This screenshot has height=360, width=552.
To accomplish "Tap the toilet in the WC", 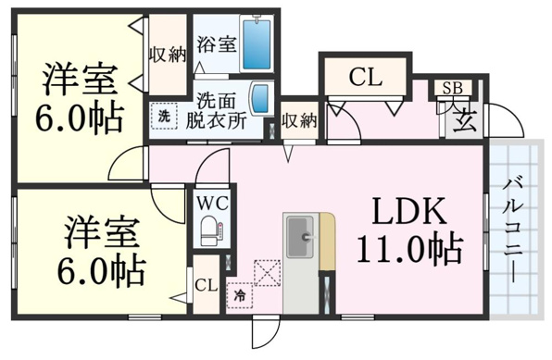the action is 211,230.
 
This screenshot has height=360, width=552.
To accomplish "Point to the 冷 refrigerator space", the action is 240,295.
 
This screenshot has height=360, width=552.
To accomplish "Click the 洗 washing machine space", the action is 163,116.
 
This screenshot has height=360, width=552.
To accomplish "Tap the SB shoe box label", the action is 452,88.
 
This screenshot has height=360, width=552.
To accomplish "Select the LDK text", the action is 409,212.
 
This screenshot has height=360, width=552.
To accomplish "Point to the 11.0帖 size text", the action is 409,249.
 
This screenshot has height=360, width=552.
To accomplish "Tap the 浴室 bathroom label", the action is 216,44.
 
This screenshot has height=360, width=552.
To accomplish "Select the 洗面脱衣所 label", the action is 216,111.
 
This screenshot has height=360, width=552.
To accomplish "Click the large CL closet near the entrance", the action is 366,77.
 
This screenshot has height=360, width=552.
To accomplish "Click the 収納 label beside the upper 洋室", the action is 167,55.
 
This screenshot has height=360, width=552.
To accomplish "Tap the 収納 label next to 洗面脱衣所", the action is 299,121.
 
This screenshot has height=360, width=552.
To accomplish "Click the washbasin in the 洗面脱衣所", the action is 261,98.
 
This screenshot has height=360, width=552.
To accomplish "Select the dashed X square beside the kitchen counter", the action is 268,273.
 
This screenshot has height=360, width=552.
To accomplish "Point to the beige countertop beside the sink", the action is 327,241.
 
